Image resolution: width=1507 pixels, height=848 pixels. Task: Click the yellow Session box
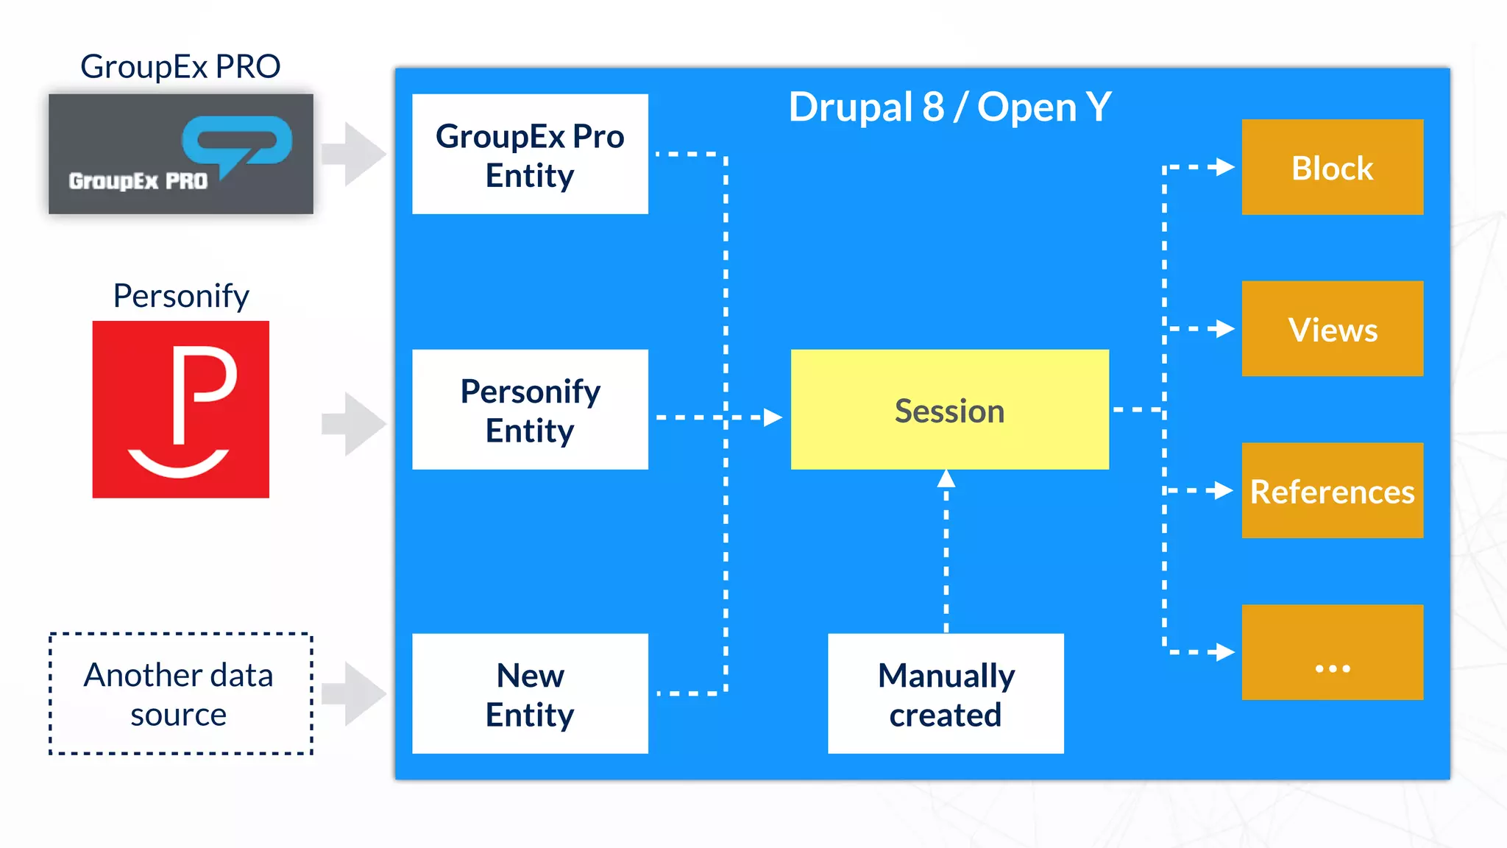949,409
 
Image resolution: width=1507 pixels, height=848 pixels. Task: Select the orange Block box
1332,167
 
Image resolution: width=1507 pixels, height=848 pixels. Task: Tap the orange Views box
1332,328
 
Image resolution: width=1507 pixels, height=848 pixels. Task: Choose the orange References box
1332,490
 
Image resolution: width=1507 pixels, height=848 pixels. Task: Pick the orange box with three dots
1332,652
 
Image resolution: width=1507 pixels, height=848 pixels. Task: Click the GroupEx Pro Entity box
530,154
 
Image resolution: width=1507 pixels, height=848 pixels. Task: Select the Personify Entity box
530,409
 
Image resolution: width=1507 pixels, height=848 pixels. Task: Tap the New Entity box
530,693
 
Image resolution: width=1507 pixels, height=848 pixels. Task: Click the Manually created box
946,693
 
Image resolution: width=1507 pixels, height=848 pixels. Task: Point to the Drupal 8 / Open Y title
949,107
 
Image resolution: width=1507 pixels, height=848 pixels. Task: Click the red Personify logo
181,409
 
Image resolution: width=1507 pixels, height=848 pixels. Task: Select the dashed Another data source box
181,693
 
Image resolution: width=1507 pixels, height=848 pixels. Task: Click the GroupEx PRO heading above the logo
180,66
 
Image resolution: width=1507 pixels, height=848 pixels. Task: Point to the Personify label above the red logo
181,296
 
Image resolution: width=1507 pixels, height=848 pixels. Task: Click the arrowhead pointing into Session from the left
773,417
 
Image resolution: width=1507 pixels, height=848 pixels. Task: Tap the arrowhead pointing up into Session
946,479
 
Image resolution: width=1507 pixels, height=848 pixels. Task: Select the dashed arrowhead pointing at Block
1224,167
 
